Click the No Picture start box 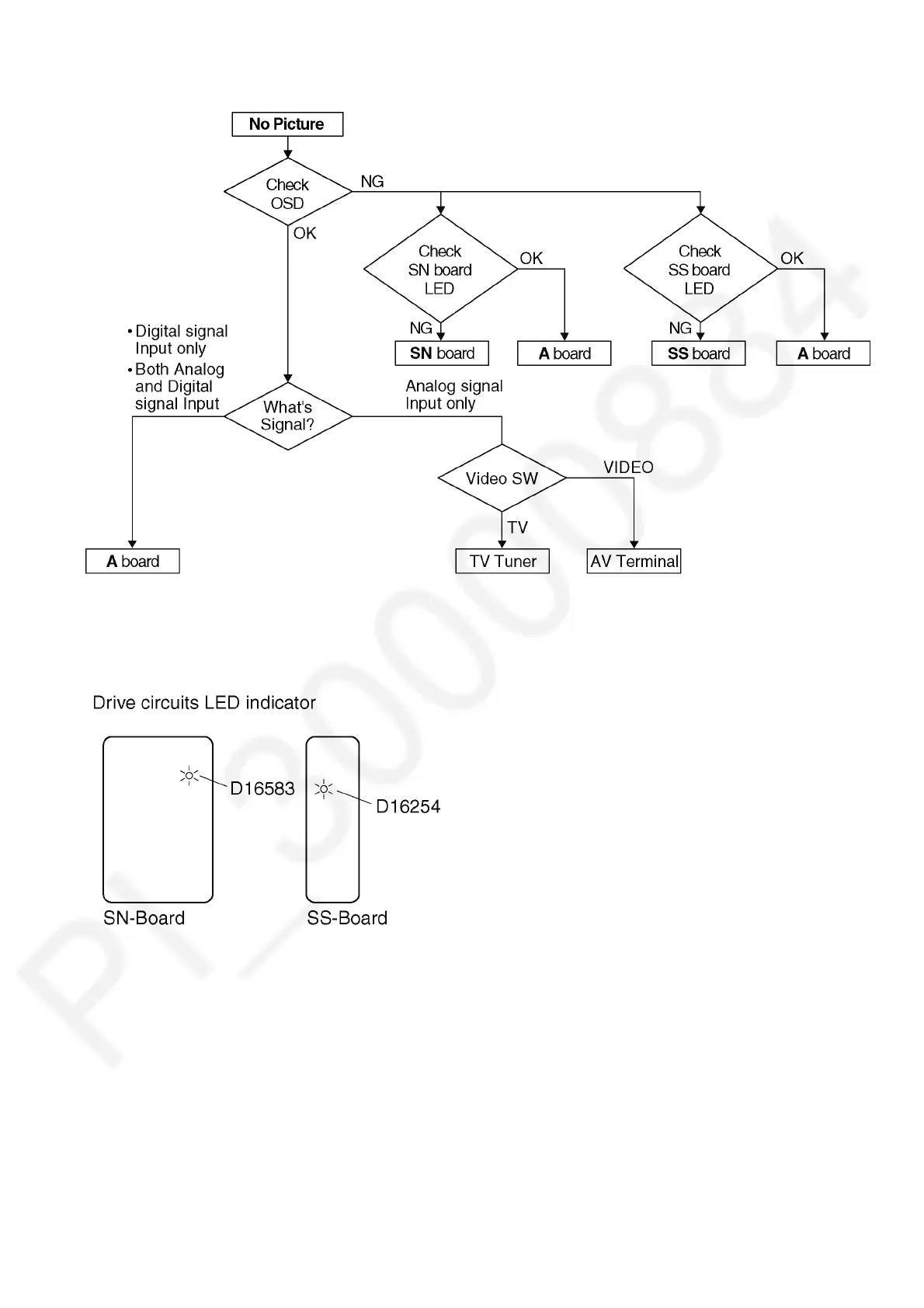pyautogui.click(x=287, y=124)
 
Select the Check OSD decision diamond pyautogui.click(x=287, y=193)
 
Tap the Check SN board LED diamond pyautogui.click(x=440, y=270)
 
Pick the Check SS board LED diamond pyautogui.click(x=700, y=270)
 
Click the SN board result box pyautogui.click(x=442, y=353)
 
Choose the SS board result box pyautogui.click(x=699, y=353)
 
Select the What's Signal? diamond pyautogui.click(x=287, y=416)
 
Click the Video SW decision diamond pyautogui.click(x=502, y=478)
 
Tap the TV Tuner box pyautogui.click(x=502, y=562)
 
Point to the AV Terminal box pyautogui.click(x=634, y=562)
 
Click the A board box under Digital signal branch pyautogui.click(x=133, y=562)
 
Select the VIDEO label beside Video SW pyautogui.click(x=628, y=468)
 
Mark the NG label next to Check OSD pyautogui.click(x=372, y=182)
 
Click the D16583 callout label pyautogui.click(x=262, y=789)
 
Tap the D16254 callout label pyautogui.click(x=408, y=807)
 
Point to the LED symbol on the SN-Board pyautogui.click(x=189, y=775)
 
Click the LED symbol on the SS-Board pyautogui.click(x=324, y=790)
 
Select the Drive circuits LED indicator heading pyautogui.click(x=204, y=703)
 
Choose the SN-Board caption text pyautogui.click(x=144, y=918)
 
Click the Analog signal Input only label pyautogui.click(x=454, y=395)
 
